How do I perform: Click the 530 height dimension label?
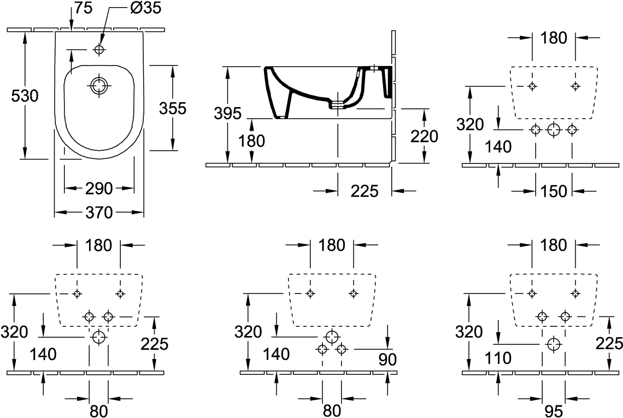pos(25,96)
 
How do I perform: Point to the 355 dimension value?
pos(173,108)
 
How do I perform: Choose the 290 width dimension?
pos(99,189)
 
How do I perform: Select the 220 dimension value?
pos(424,136)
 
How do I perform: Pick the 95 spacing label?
pos(554,410)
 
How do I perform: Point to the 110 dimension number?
pos(498,358)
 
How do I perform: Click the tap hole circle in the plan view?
pos(99,49)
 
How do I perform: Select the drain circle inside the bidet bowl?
pos(99,86)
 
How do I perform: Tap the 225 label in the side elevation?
pos(365,191)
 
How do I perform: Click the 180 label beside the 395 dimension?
pos(252,141)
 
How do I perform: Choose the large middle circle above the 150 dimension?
pos(554,129)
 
